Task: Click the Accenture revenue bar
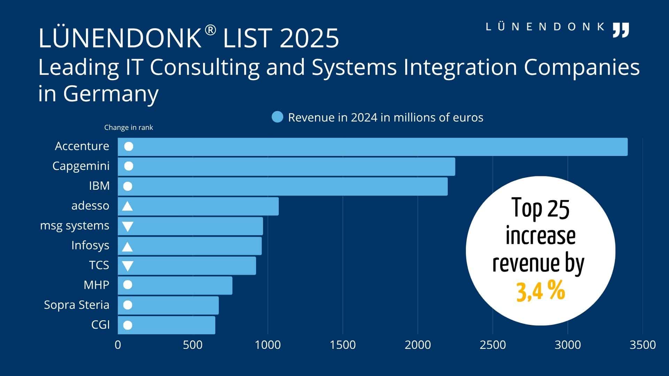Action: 373,147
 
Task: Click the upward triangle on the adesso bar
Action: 127,206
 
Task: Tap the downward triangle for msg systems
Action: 128,227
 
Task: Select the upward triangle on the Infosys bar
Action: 127,247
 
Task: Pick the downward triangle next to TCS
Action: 128,266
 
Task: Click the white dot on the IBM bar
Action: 128,187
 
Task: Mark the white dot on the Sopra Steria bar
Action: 128,305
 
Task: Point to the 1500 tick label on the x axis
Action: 343,345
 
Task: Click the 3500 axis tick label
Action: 643,345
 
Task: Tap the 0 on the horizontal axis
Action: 118,345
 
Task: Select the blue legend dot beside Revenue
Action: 277,117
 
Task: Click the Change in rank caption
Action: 129,127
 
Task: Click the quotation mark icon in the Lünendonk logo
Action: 621,30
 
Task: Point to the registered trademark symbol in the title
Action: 210,30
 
